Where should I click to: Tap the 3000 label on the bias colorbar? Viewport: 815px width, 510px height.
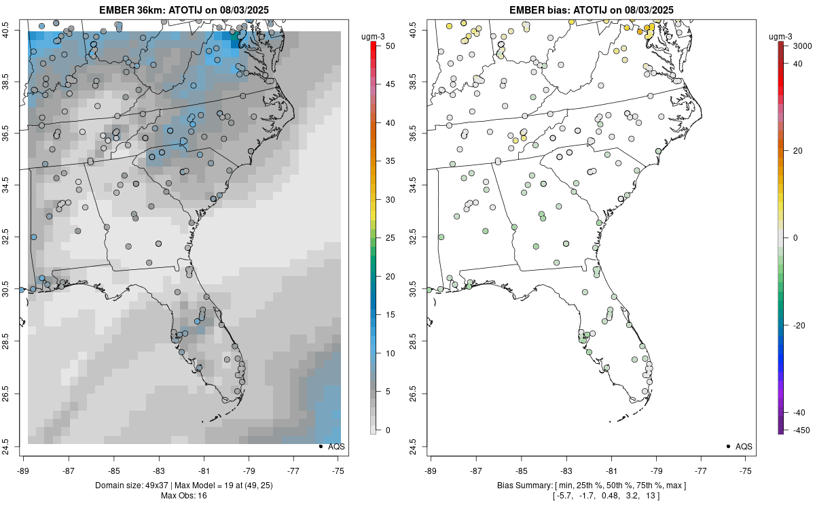coord(799,45)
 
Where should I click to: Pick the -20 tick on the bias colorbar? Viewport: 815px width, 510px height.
coord(799,325)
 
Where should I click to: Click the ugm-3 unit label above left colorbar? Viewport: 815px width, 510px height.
coord(374,35)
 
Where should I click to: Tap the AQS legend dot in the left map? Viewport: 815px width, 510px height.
coord(320,447)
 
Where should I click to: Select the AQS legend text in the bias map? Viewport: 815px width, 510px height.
coord(745,447)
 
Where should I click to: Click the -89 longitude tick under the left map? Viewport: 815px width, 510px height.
coord(23,470)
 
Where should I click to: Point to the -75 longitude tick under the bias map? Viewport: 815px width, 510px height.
coord(746,470)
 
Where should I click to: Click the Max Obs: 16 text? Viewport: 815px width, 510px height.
coord(183,495)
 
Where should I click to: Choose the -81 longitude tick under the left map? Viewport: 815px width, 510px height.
coord(204,470)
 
